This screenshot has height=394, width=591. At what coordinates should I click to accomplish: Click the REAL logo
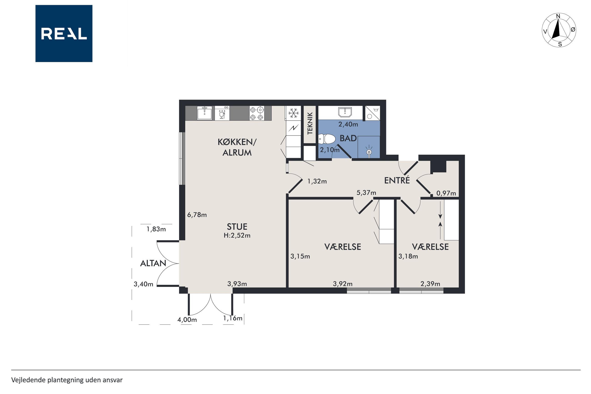coord(64,33)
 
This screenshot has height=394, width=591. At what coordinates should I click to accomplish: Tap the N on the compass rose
coord(558,16)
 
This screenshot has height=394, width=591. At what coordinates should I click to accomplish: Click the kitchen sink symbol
coord(204,113)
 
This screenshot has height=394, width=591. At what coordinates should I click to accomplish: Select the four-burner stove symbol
coord(257,113)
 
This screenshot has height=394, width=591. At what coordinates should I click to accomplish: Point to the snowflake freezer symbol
coord(293,113)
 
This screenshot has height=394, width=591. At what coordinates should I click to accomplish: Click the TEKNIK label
coord(310,123)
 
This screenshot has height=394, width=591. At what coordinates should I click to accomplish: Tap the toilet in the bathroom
coord(327,138)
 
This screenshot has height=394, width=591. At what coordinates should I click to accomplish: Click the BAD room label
coord(348,138)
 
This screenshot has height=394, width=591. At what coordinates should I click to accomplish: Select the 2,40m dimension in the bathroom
coord(348,124)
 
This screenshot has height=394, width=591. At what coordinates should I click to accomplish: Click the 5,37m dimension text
coord(366,193)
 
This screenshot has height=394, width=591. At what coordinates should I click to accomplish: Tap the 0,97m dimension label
coord(446,193)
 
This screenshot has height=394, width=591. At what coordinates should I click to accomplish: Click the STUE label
coord(237,227)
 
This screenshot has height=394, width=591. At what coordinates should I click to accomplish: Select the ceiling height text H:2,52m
coord(237,236)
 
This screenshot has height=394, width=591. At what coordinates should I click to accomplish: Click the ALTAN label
coord(153,263)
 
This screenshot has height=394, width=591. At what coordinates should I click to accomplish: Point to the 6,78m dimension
coord(197,215)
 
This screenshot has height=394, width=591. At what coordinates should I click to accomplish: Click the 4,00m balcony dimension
coord(187,320)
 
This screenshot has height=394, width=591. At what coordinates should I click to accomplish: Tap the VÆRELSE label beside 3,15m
coord(343,247)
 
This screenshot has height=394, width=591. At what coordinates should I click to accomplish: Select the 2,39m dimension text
coord(430,284)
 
